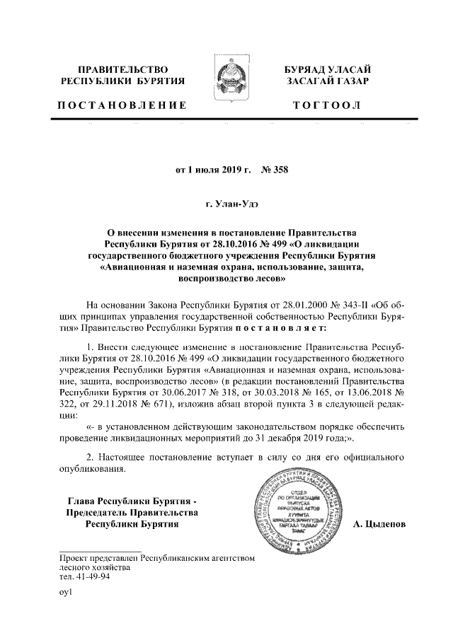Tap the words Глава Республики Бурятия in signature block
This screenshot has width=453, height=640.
tap(126, 499)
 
